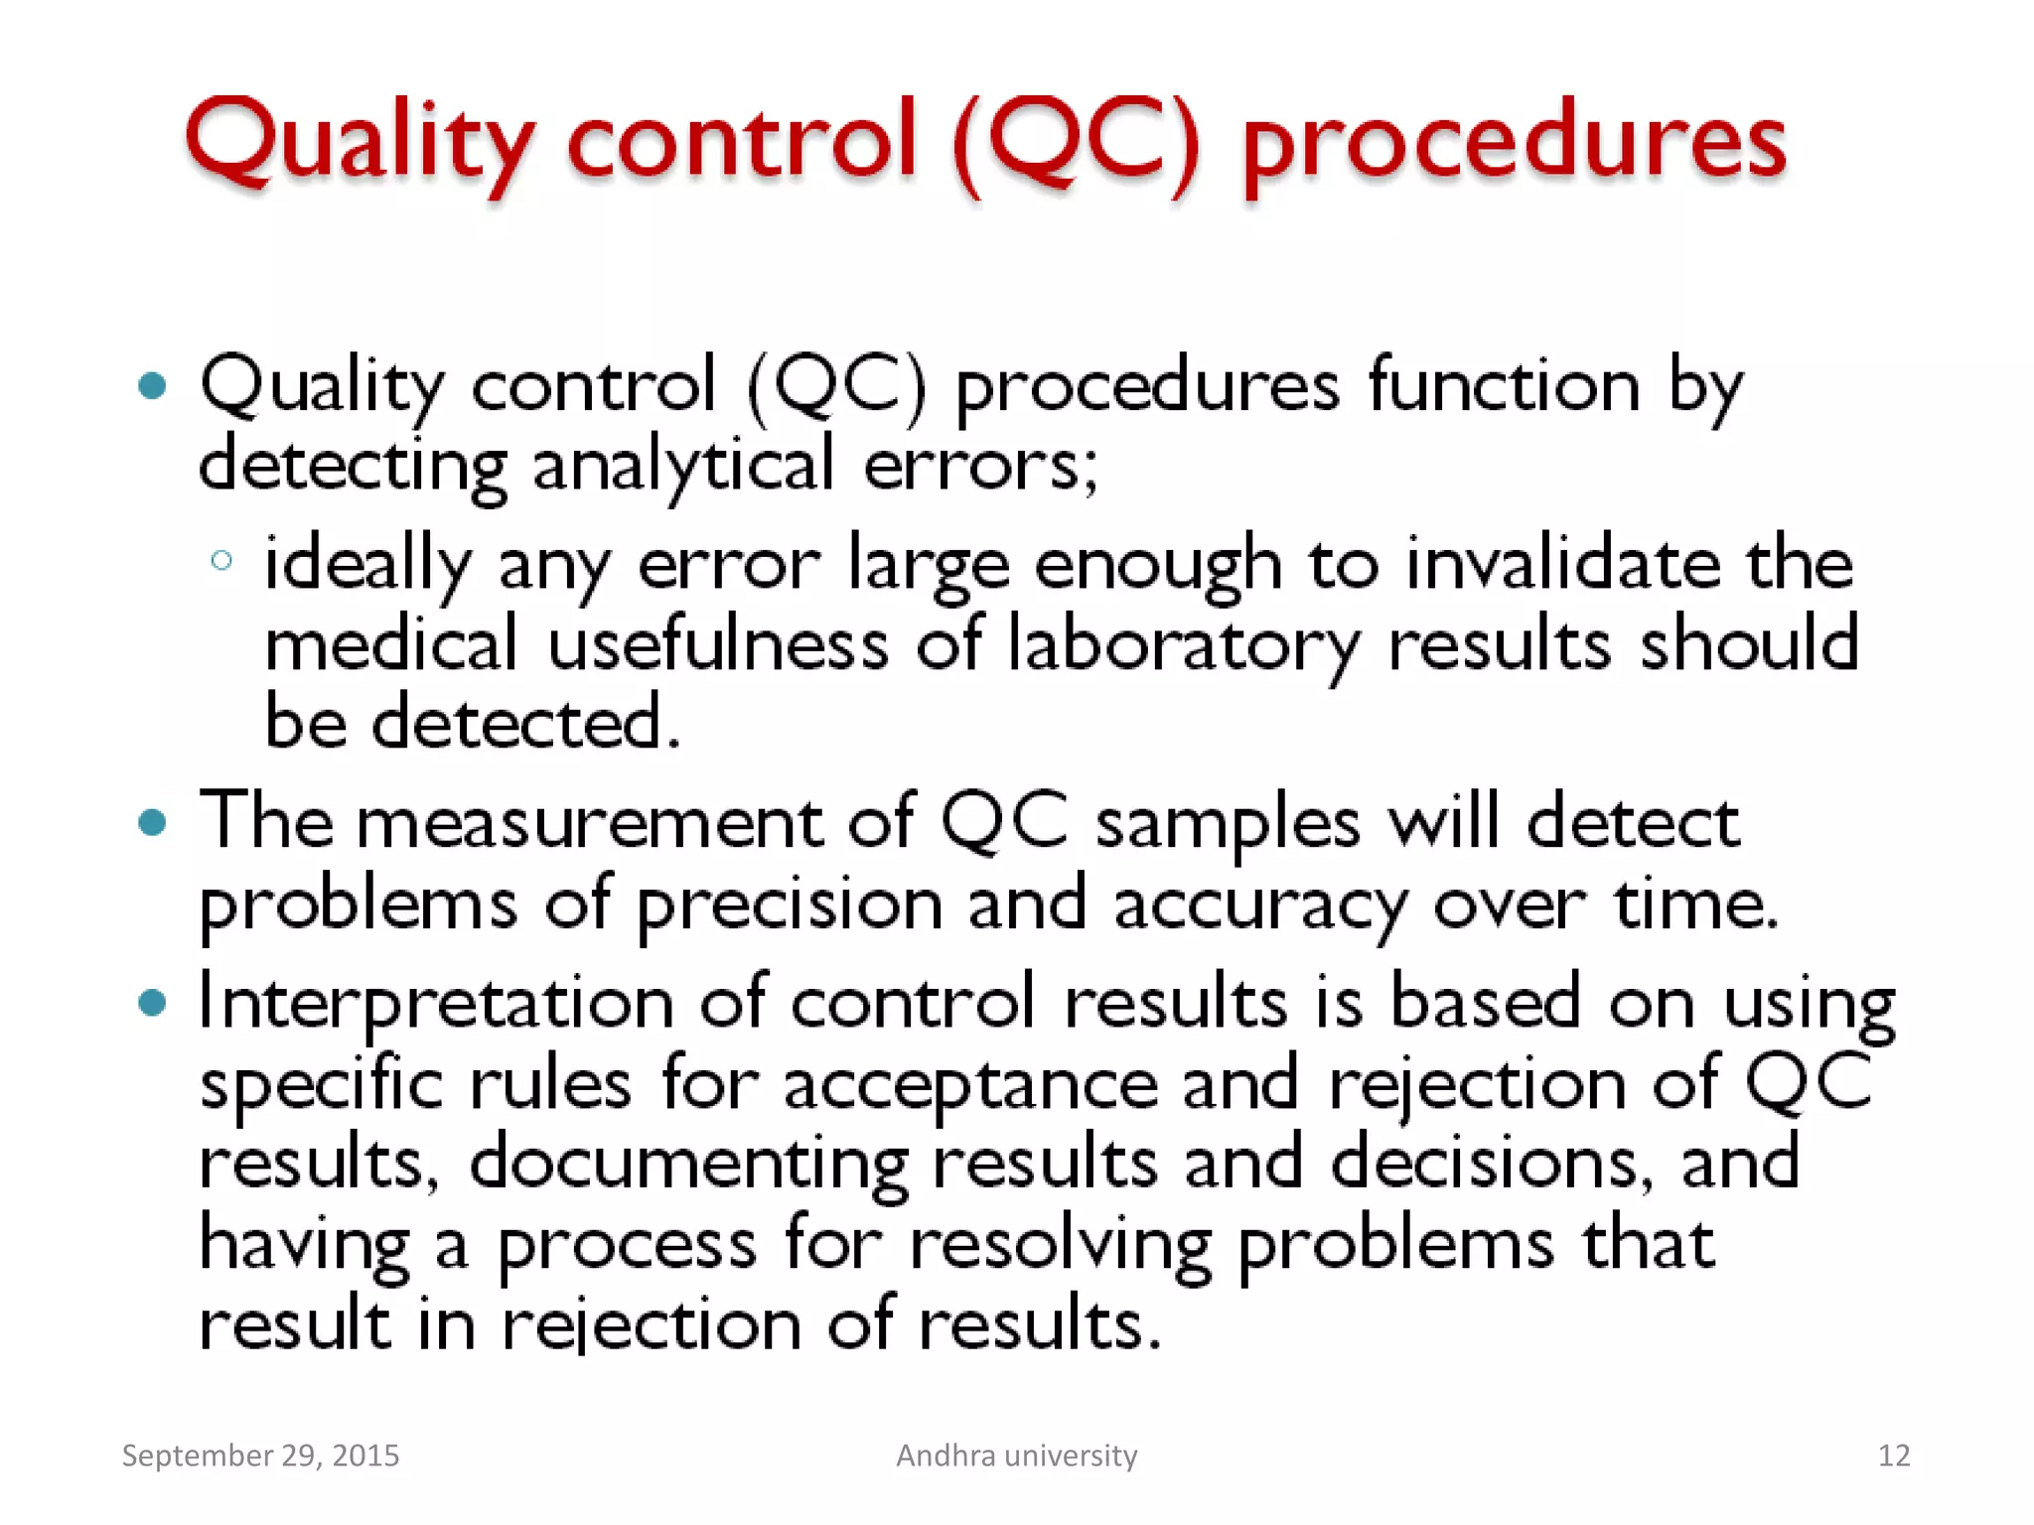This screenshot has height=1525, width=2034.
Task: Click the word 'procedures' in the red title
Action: [x=1514, y=144]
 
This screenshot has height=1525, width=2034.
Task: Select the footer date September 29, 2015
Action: [x=260, y=1456]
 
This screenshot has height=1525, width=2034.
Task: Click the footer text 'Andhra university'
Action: [x=1016, y=1456]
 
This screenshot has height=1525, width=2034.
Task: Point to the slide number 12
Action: [x=1893, y=1456]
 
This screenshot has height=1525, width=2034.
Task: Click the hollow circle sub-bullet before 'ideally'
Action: [x=222, y=561]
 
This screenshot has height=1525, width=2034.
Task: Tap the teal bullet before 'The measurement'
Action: [x=152, y=822]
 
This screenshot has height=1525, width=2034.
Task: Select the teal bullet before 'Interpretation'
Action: [x=152, y=1003]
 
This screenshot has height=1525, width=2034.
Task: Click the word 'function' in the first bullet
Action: [x=1504, y=385]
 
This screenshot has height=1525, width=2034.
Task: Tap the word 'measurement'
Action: [x=589, y=824]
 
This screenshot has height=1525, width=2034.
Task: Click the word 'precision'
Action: [x=790, y=905]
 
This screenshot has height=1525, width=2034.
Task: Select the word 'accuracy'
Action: [x=1259, y=905]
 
